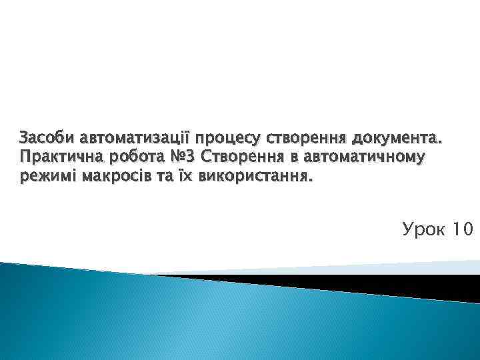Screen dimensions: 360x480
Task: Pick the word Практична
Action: pyautogui.click(x=57, y=159)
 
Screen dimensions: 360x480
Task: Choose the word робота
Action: pyautogui.click(x=133, y=159)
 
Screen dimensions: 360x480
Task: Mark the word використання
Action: pyautogui.click(x=255, y=178)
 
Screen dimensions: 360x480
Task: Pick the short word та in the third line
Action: pyautogui.click(x=163, y=178)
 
